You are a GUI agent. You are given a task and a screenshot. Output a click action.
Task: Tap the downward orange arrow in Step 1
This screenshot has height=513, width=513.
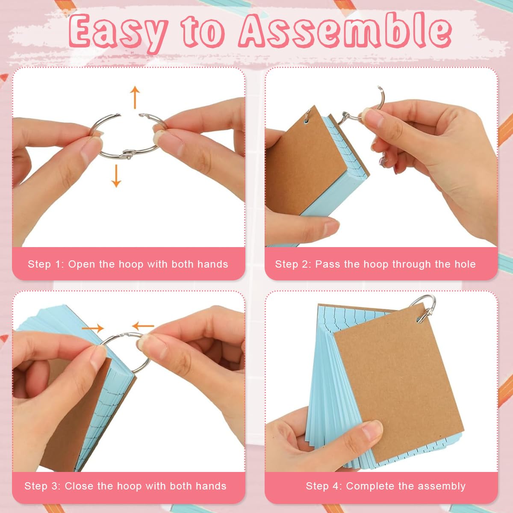pyautogui.click(x=116, y=176)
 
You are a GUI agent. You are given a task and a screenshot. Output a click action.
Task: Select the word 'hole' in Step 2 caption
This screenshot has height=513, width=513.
pyautogui.click(x=465, y=264)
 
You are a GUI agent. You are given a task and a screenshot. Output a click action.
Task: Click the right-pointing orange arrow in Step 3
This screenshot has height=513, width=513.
pyautogui.click(x=93, y=328)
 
